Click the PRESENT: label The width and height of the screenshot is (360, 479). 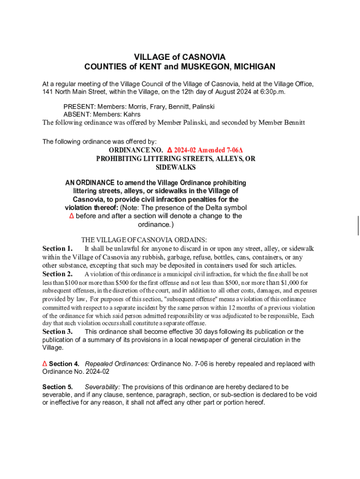coord(79,107)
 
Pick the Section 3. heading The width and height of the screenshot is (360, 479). coord(57,332)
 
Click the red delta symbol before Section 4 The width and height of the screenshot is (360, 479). coord(45,364)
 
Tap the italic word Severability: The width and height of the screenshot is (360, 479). coord(102,387)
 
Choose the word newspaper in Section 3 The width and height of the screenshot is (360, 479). coord(218,340)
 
